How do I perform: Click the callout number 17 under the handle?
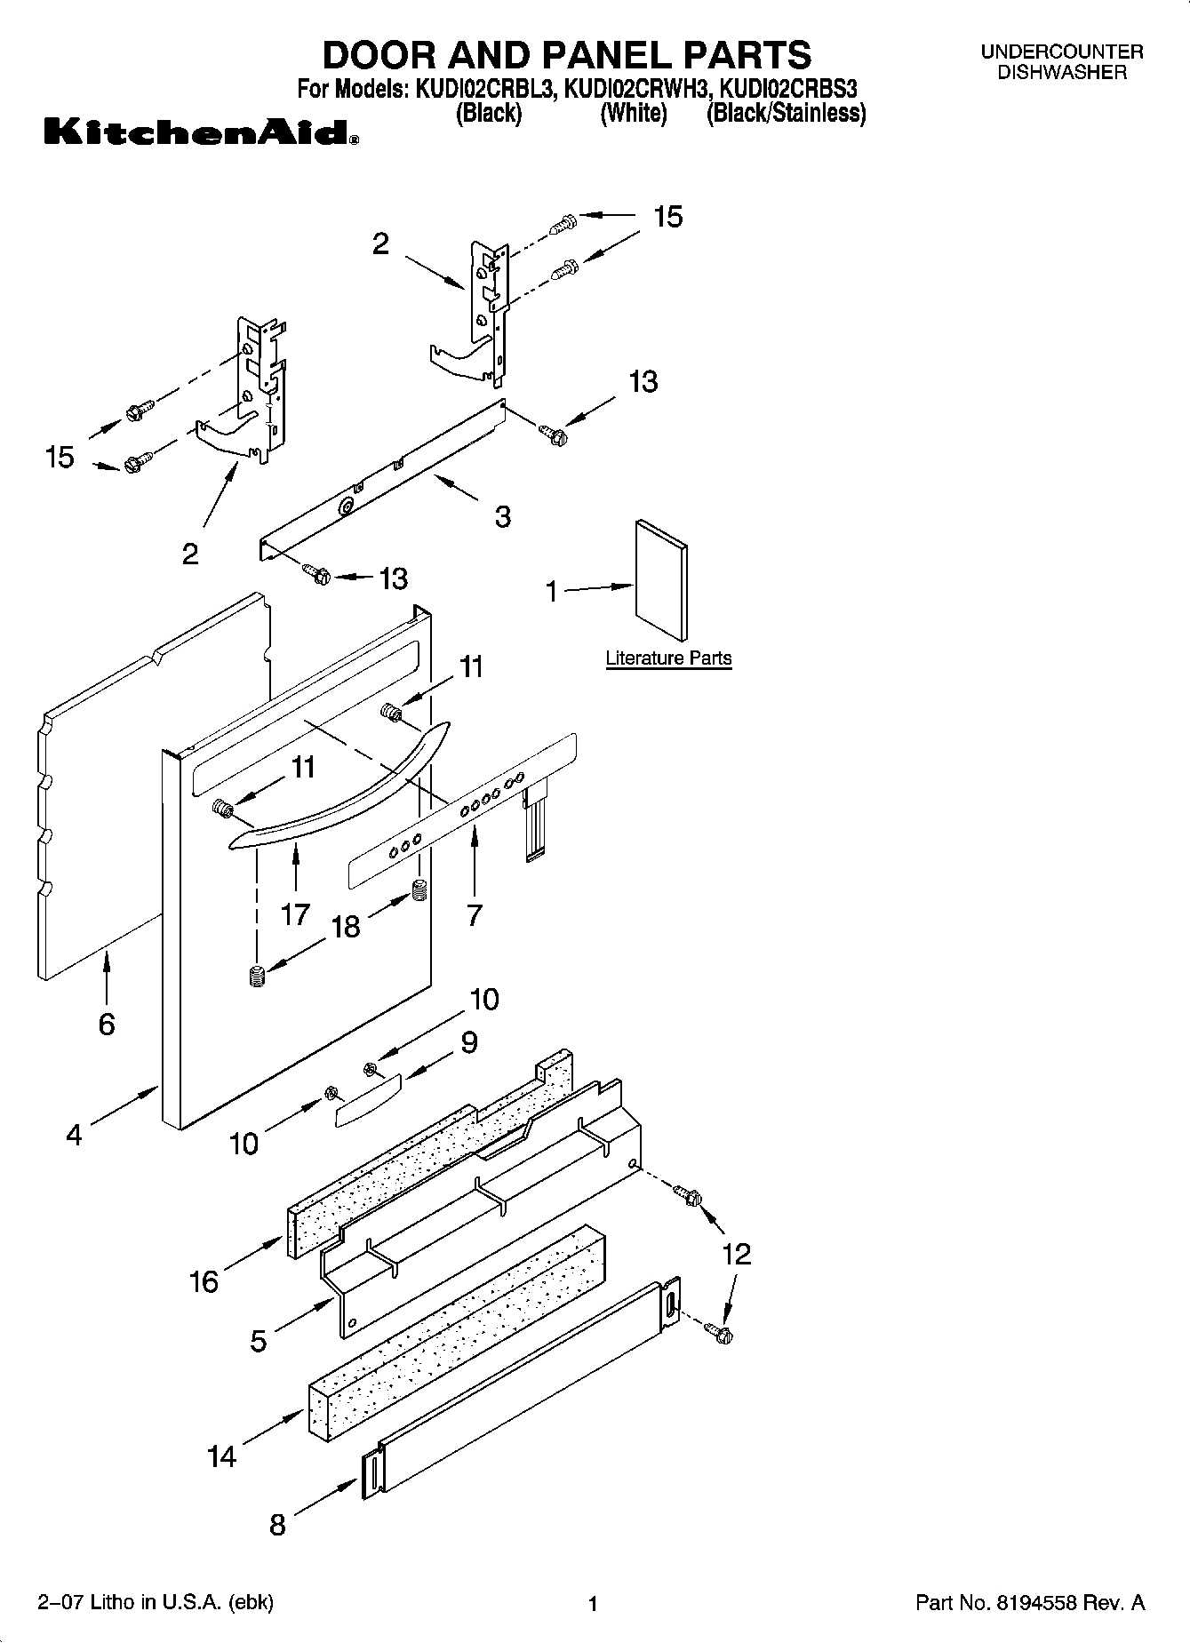tap(295, 913)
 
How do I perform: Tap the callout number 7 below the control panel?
tap(475, 914)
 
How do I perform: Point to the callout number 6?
tap(107, 1025)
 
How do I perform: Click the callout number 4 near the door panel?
tap(75, 1135)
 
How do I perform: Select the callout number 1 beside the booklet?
tap(552, 591)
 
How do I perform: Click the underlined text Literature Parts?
tap(668, 658)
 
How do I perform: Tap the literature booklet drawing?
tap(661, 580)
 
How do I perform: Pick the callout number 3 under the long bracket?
tap(503, 516)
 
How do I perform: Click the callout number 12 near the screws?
tap(737, 1254)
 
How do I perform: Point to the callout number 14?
tap(222, 1456)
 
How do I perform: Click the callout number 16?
tap(204, 1281)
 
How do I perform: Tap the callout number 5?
tap(258, 1340)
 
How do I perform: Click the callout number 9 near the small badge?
tap(468, 1041)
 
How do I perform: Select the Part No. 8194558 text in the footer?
tap(1029, 1604)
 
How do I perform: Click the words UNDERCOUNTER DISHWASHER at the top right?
tap(1061, 62)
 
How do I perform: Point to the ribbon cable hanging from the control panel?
tap(535, 824)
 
